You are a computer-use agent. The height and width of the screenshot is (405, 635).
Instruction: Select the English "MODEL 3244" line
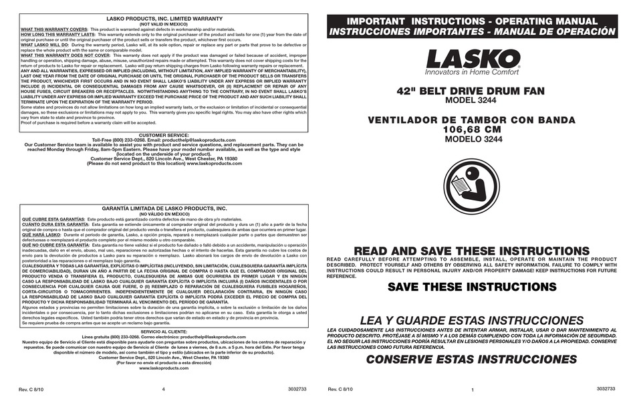coord(472,101)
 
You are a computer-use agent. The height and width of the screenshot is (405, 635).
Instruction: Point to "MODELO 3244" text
coord(472,139)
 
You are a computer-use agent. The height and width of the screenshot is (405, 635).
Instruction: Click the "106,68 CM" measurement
coord(472,129)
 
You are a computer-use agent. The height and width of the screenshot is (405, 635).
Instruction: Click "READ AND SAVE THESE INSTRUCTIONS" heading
coord(472,250)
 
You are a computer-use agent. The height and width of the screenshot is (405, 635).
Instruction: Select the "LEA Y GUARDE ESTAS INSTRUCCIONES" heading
coord(472,321)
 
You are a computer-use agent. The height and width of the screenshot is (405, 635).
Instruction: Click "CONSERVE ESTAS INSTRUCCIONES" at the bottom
coord(472,359)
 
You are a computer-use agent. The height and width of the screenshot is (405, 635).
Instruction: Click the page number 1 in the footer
coord(472,389)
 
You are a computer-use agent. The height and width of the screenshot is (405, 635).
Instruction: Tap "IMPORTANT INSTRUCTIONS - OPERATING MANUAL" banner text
coord(472,21)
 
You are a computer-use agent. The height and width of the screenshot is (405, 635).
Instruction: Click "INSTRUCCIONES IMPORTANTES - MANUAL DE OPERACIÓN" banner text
coord(472,31)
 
